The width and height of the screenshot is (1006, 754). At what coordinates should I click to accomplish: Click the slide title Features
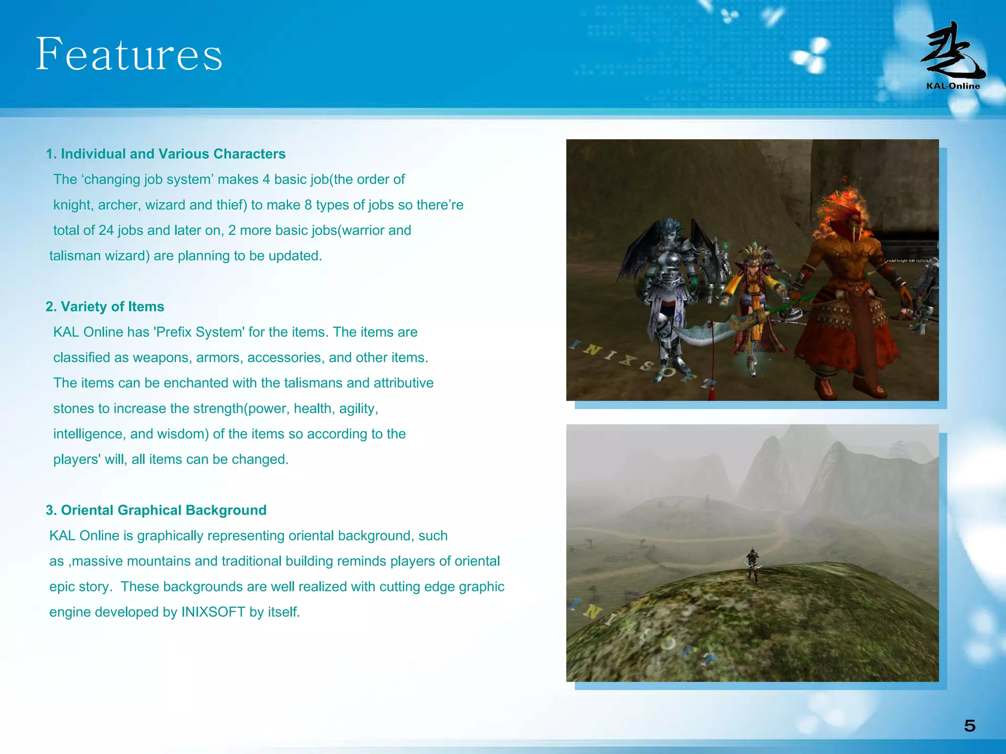point(129,54)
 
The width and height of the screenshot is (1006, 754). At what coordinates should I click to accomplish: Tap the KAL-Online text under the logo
point(952,86)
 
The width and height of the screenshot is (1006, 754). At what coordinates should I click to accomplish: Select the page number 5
point(969,726)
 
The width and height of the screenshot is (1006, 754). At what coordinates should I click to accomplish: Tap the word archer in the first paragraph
point(117,205)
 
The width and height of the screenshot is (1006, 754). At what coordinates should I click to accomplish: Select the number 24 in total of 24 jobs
point(106,231)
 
